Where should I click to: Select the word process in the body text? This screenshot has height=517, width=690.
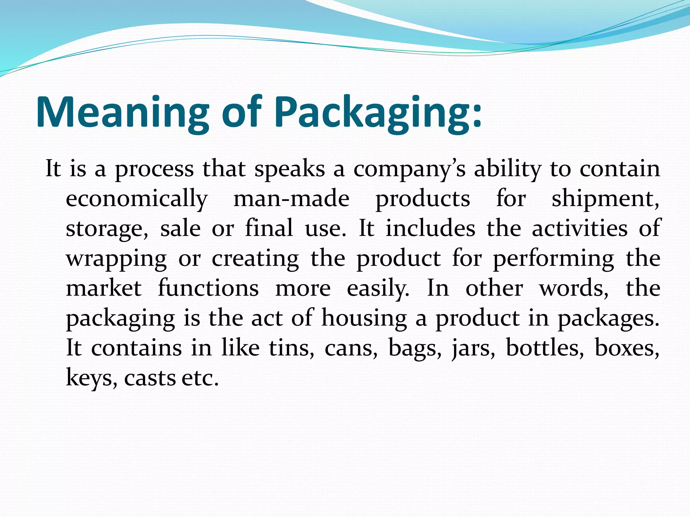154,169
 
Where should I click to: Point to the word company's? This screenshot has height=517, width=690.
409,169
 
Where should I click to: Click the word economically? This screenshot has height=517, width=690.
136,199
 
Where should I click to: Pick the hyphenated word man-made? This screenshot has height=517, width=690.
291,199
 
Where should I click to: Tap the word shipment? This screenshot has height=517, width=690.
605,199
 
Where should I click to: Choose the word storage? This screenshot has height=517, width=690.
106,229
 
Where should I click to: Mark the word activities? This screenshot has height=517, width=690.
579,229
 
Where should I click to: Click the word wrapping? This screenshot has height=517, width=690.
116,258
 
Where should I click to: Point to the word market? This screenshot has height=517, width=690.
104,288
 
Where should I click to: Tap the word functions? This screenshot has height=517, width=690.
208,288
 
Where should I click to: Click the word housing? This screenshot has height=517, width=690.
364,318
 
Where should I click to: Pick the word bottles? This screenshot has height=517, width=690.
544,348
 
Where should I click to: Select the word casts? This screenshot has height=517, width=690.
150,378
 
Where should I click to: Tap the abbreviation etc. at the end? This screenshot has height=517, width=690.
200,378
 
